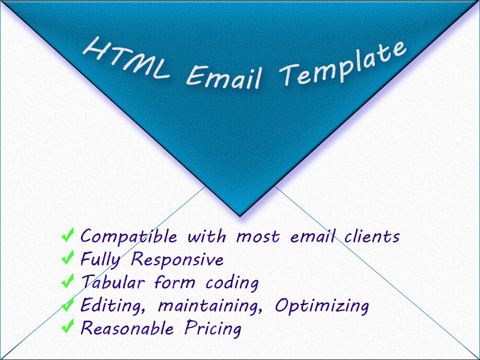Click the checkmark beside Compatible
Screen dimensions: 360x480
point(68,236)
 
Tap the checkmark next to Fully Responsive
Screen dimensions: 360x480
point(68,259)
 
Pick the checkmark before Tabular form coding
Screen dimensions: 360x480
point(68,282)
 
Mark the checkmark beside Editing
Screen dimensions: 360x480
point(68,305)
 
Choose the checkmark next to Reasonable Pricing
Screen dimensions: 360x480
point(68,328)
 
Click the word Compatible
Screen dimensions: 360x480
point(129,237)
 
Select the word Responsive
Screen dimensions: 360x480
point(178,260)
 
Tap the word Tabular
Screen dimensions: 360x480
point(114,282)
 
